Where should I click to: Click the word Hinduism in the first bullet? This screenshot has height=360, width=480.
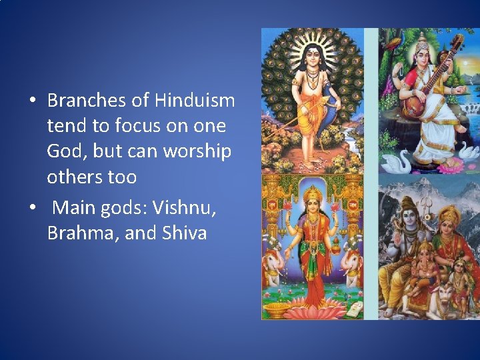coord(195,101)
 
